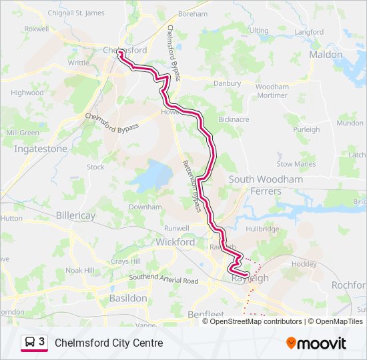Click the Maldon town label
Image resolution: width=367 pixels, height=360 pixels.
coord(326,55)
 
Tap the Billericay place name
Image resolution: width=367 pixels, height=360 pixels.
coord(75,216)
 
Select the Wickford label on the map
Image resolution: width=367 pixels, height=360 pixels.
coord(175,242)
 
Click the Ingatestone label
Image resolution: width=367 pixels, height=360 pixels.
coord(41,149)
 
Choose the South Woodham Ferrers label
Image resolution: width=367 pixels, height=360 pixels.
coord(266,185)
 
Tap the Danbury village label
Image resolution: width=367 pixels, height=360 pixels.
coord(226,84)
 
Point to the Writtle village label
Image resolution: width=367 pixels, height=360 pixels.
coord(78,63)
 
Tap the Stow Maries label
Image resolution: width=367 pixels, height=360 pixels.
coord(296,164)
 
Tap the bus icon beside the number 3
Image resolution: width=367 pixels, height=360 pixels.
coord(30,343)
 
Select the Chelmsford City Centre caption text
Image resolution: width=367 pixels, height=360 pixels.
coord(109,343)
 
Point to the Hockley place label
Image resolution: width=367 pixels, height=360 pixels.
coord(304,264)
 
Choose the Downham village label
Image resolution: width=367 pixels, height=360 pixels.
coord(145,207)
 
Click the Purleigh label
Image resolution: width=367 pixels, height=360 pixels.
coord(306,129)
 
